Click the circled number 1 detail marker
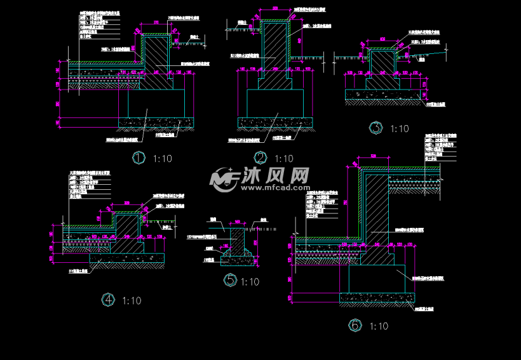tap(138, 158)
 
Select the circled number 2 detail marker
tap(260, 158)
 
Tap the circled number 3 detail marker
tap(377, 128)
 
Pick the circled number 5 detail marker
tap(230, 280)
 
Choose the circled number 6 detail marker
tap(355, 326)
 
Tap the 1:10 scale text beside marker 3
tap(399, 129)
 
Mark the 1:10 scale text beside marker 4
tap(131, 300)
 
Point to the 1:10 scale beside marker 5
tap(250, 281)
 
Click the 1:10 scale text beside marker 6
tap(378, 326)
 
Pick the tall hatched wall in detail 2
tap(274, 48)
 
